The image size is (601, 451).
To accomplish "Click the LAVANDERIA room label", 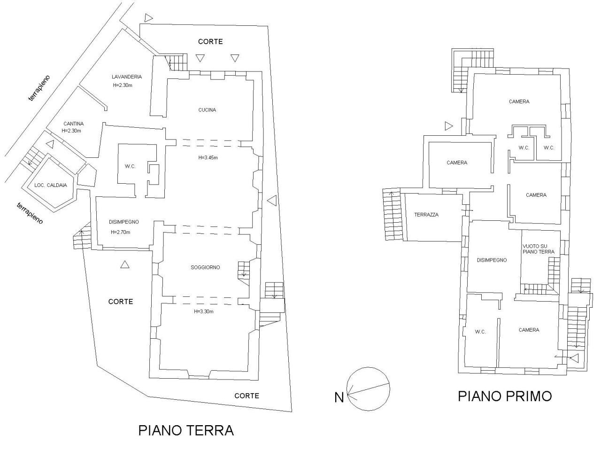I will [127, 77].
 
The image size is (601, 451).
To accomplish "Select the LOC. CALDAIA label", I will [51, 185].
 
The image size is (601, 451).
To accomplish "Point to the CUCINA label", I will [207, 110].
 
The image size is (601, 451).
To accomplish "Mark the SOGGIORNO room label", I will [205, 267].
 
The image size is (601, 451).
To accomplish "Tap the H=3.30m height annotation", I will [203, 311].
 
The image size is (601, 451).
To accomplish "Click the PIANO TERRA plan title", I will [186, 430].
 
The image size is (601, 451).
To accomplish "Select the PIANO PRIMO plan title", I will [505, 396].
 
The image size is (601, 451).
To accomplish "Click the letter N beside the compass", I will [339, 397].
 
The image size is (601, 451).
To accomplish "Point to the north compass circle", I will [369, 388].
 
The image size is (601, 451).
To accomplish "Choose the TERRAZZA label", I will [426, 215].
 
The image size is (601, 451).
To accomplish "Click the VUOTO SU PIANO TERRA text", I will [538, 249].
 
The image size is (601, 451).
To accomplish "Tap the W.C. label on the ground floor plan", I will [130, 166].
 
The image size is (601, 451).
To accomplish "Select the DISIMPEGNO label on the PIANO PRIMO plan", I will [492, 260].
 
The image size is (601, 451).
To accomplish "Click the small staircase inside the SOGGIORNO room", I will [244, 270].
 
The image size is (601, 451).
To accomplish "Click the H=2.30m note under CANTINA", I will [71, 131].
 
